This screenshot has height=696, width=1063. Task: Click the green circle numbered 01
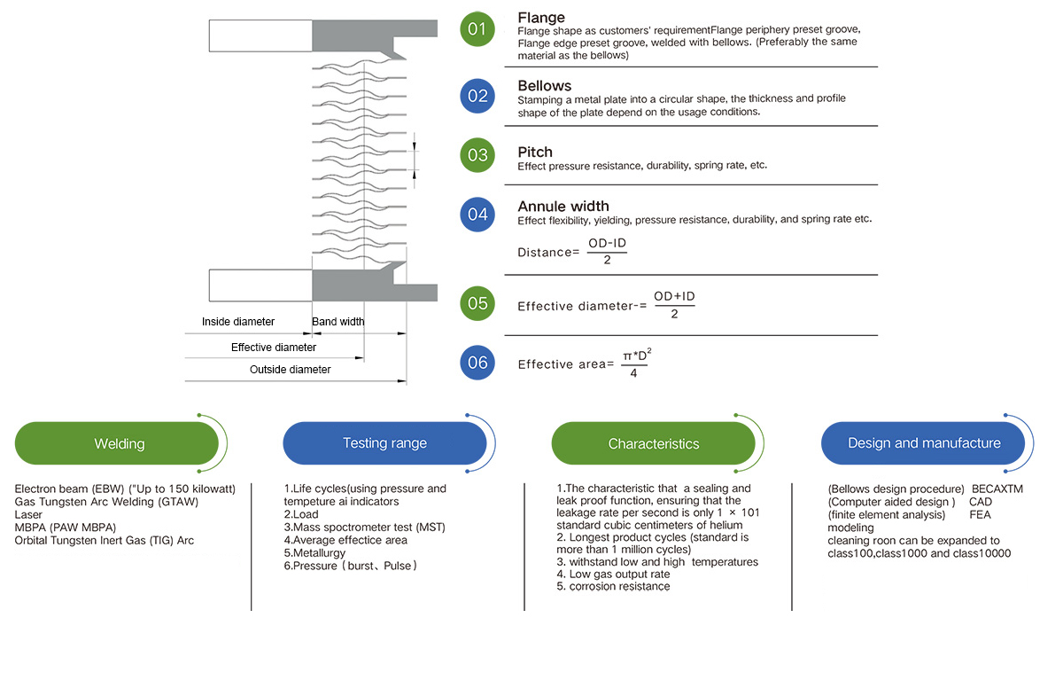point(477,29)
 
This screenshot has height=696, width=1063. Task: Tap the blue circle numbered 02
point(477,96)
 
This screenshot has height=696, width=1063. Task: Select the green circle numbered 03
point(477,155)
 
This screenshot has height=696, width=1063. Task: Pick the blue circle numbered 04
point(477,215)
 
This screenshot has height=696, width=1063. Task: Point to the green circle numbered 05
point(477,303)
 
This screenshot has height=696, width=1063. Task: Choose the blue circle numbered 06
point(477,363)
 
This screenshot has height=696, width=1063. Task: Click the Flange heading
point(541,18)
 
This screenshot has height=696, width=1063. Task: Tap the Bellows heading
point(544,85)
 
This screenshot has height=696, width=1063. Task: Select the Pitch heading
point(535,152)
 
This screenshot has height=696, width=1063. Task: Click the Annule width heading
point(563,207)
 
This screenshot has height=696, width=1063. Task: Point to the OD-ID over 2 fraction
point(607,251)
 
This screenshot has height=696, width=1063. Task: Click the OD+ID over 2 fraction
point(674,305)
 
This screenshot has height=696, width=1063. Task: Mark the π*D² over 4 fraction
point(636,363)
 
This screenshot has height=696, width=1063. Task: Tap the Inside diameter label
point(238,322)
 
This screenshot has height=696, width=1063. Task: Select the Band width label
point(338,322)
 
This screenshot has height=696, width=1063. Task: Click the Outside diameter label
point(290,370)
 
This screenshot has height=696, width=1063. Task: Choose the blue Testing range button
point(384,443)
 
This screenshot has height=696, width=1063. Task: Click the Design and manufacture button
point(923,443)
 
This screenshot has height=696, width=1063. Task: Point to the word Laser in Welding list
point(28,514)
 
